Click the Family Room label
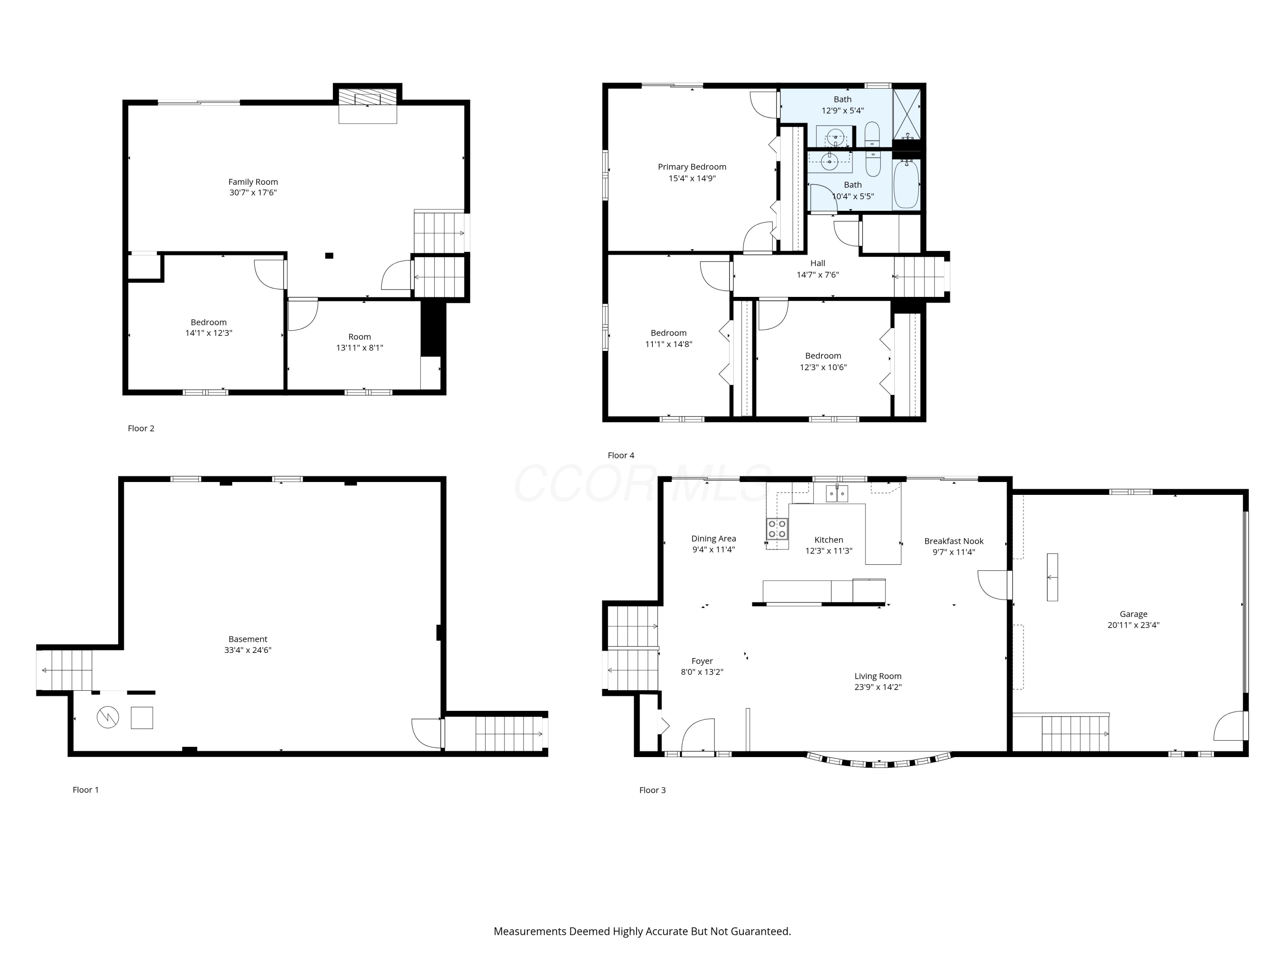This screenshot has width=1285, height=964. click(253, 182)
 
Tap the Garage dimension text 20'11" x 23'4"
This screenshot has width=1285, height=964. click(1133, 625)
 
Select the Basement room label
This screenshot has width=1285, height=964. click(248, 639)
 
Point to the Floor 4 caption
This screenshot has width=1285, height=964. click(621, 455)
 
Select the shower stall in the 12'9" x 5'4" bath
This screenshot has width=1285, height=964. click(907, 114)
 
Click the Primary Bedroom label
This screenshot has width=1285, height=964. click(692, 167)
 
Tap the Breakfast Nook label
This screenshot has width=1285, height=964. click(954, 541)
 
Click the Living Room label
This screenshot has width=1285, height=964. click(878, 677)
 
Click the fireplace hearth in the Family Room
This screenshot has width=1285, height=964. click(368, 106)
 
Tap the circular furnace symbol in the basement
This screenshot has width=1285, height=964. click(108, 717)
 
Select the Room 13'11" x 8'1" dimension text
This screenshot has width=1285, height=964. click(360, 348)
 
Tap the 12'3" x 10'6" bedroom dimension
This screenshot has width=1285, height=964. click(823, 367)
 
